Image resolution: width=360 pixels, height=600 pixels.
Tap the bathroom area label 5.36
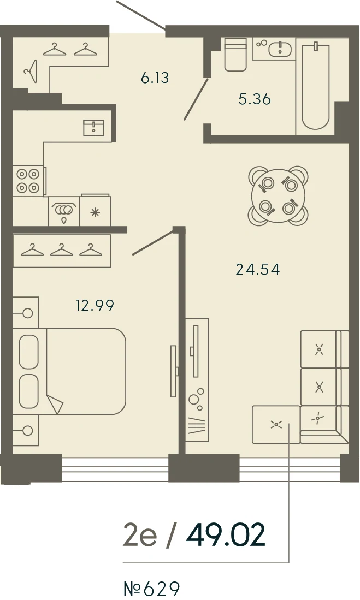255,99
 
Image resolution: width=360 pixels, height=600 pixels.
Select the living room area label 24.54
258,270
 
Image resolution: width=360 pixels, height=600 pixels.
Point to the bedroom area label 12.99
95,305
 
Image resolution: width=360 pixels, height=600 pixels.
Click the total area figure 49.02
226,535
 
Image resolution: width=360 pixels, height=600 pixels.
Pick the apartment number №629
152,588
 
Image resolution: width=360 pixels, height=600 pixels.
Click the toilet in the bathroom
235,55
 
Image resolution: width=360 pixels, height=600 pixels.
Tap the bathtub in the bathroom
315,87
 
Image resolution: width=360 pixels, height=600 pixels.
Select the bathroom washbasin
281,49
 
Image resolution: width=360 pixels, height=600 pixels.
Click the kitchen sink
94,128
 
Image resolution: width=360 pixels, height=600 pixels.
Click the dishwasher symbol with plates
64,211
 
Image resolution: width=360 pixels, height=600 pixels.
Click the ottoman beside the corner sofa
276,425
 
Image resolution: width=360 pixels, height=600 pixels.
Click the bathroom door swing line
196,99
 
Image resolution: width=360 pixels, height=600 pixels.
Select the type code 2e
140,536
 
